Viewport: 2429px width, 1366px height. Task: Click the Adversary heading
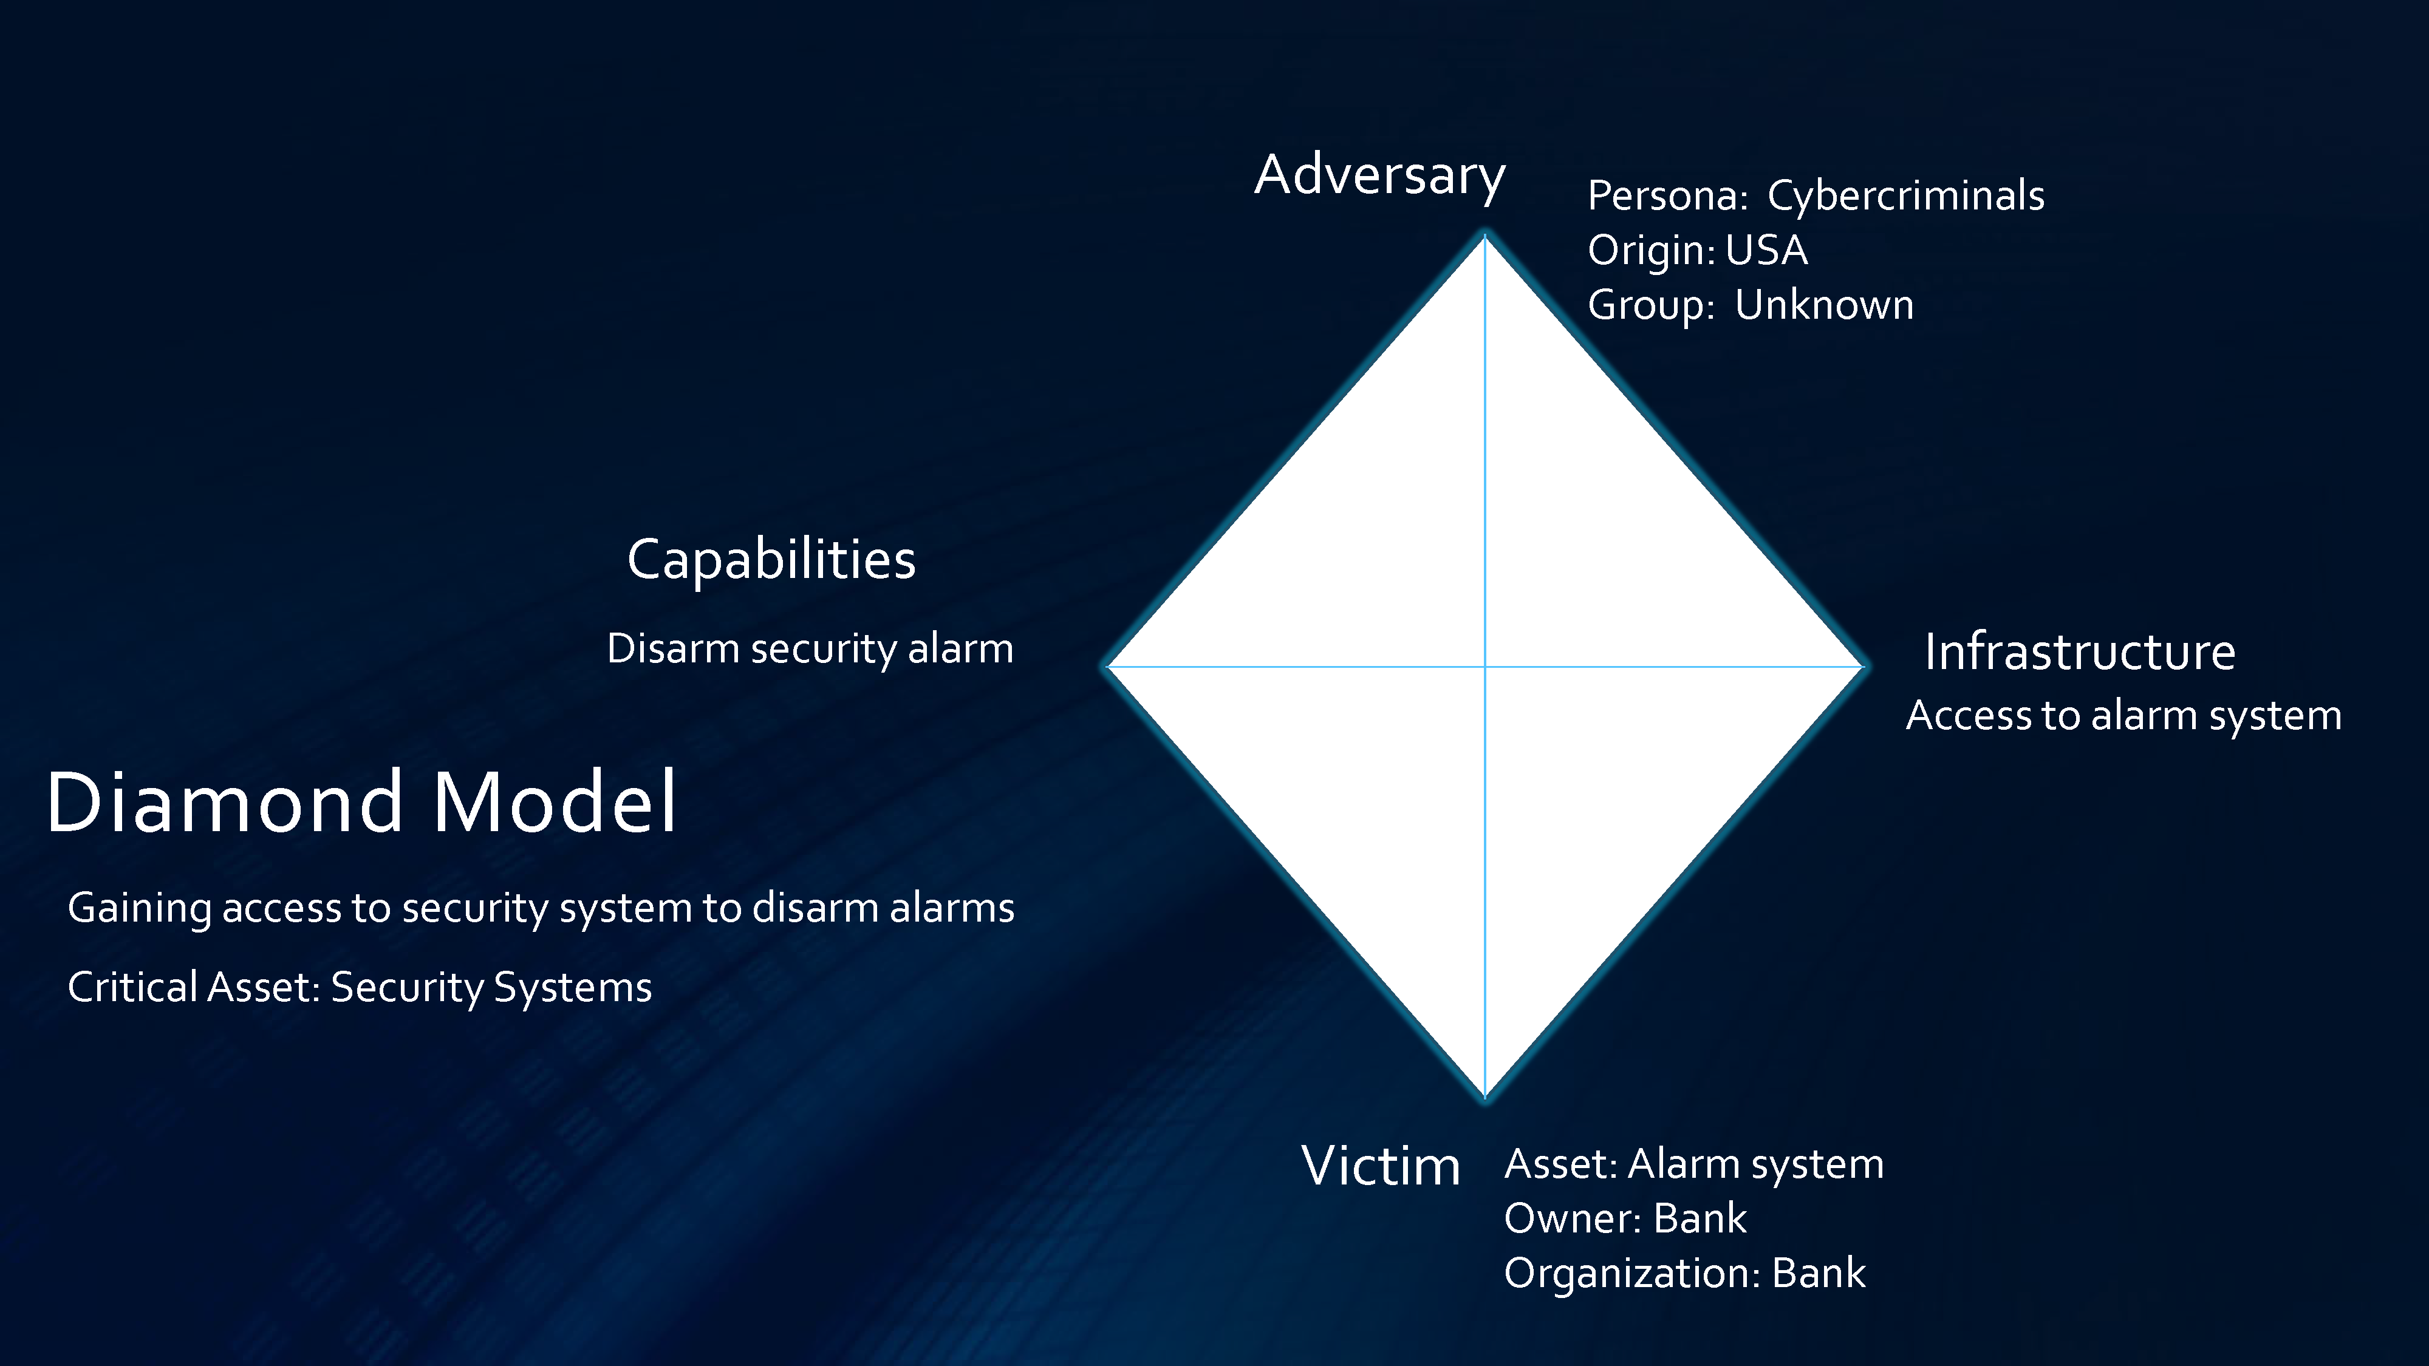coord(1379,176)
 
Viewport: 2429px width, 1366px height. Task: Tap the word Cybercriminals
coord(1905,196)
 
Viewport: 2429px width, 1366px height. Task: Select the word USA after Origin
coord(1766,251)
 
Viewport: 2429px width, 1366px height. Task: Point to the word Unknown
coord(1825,305)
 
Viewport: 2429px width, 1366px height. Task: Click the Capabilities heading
coord(771,560)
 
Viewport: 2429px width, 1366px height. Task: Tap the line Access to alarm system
coord(2123,716)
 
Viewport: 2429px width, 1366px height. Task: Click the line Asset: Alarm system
coord(1693,1164)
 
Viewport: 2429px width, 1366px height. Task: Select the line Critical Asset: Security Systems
coord(359,988)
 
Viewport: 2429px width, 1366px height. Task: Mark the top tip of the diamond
coord(1485,234)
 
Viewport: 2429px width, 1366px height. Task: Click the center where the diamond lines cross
coord(1485,667)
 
